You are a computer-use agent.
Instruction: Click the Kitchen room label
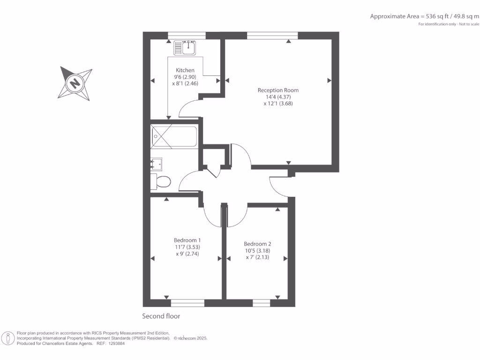(185, 70)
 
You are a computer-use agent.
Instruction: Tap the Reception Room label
(278, 90)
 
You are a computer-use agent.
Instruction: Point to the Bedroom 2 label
(257, 244)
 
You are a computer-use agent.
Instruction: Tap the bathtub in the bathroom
(174, 137)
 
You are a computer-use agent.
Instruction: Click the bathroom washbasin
(156, 164)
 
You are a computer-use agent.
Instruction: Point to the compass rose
(75, 83)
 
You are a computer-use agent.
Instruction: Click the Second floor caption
(161, 316)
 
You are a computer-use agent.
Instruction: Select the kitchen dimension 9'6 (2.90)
(185, 77)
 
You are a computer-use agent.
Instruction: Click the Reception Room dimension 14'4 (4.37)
(278, 97)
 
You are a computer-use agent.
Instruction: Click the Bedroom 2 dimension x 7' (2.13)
(257, 257)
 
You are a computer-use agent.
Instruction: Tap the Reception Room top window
(272, 35)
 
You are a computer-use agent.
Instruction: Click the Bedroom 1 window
(187, 303)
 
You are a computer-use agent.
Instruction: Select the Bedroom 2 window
(262, 303)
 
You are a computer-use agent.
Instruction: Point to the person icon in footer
(8, 338)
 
